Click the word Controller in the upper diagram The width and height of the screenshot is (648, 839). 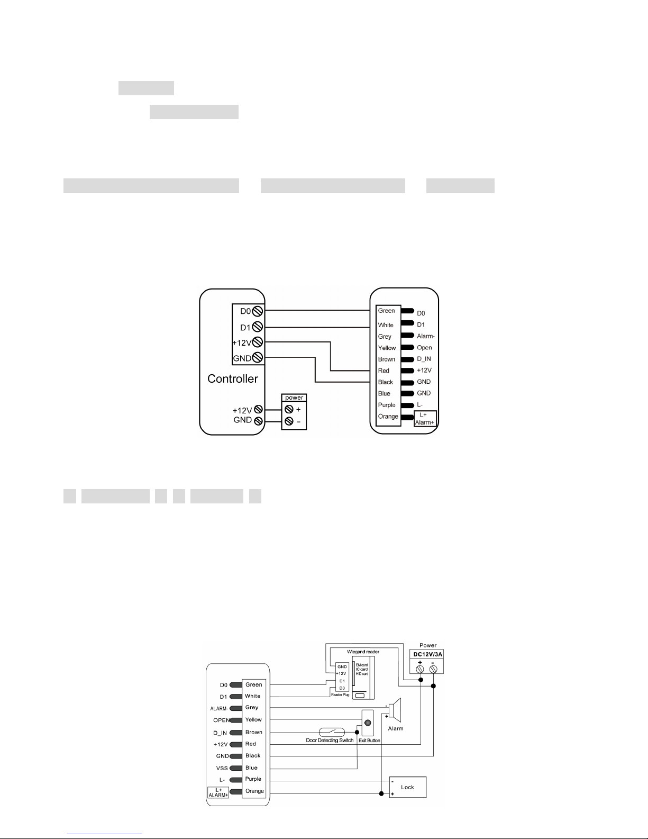click(233, 379)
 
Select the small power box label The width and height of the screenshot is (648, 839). click(294, 398)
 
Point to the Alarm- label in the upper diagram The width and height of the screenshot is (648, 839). click(425, 336)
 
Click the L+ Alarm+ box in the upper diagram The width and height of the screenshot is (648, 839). click(425, 419)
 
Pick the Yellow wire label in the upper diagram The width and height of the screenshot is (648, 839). click(387, 348)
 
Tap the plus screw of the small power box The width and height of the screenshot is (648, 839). click(288, 409)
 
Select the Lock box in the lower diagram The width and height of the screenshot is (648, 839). click(407, 787)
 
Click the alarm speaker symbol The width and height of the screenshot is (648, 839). click(396, 710)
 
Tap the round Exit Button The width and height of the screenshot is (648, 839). click(368, 723)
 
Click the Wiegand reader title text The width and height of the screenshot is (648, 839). click(363, 652)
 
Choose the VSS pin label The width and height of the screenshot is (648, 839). click(222, 768)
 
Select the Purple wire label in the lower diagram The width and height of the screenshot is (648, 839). click(253, 779)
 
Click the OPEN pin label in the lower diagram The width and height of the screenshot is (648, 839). click(221, 720)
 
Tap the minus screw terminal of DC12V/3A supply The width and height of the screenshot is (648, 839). click(433, 670)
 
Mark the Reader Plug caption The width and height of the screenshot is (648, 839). click(340, 694)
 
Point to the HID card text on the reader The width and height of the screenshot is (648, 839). click(362, 674)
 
